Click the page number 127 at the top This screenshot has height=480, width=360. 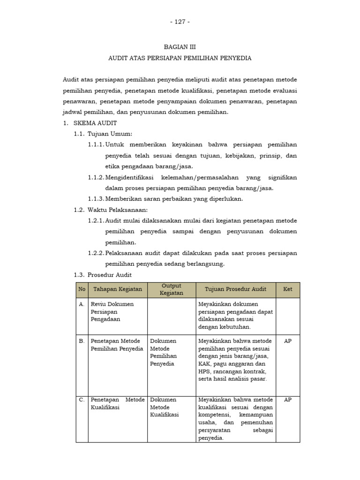180,22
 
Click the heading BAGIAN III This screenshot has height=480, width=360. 180,47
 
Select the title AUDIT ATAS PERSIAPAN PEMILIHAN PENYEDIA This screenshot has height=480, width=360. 180,58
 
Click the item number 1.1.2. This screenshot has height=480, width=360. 96,177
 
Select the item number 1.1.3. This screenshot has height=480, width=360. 96,199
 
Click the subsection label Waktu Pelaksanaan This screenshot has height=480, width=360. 117,210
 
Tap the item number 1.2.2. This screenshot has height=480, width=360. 96,253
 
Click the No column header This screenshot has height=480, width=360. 82,290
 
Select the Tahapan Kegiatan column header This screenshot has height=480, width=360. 117,290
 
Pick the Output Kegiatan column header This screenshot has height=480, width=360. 171,290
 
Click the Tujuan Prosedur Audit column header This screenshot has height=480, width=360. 235,290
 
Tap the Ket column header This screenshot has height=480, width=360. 288,290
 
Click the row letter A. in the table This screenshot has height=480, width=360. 82,304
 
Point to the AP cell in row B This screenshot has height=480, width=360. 288,341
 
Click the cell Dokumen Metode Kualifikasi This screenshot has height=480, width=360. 164,407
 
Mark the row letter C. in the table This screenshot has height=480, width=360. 82,400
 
